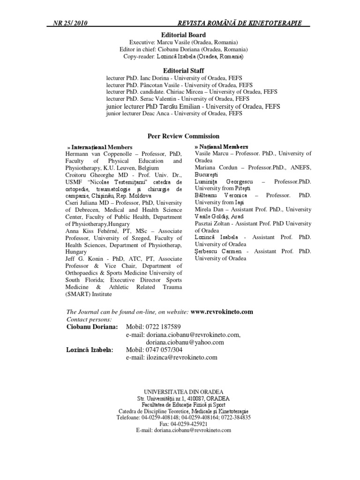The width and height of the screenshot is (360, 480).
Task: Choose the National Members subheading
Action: point(221,147)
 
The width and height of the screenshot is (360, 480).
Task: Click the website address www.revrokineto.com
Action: point(222,311)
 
